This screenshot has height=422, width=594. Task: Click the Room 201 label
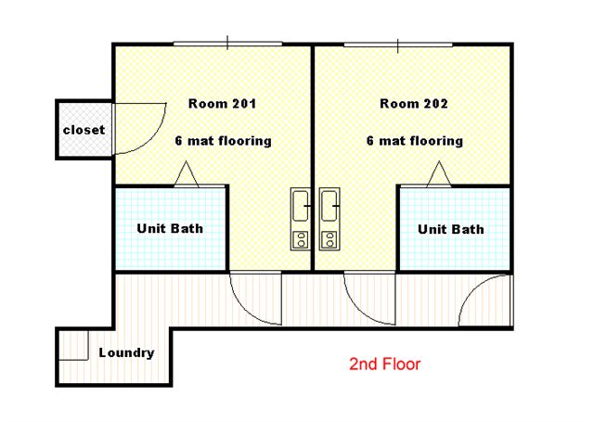(223, 103)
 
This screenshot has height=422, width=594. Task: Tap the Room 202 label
(414, 103)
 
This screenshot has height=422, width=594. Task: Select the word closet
(84, 130)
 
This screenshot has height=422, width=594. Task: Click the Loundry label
(126, 352)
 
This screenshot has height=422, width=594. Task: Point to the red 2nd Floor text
(384, 364)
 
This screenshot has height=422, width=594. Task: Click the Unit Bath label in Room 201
(170, 228)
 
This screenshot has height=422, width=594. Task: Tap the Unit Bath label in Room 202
(451, 229)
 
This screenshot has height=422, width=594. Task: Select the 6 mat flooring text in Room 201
(223, 141)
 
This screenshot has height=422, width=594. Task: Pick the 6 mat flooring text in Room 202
(415, 141)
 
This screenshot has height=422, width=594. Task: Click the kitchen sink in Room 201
(301, 206)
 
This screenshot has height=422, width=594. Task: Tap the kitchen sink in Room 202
(329, 206)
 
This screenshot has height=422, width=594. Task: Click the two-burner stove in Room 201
(301, 240)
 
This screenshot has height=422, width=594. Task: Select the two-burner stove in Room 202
(329, 240)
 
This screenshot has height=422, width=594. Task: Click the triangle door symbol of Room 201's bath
(186, 174)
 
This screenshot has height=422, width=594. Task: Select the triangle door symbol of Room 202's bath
(439, 174)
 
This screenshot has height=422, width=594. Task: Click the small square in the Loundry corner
(74, 345)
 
